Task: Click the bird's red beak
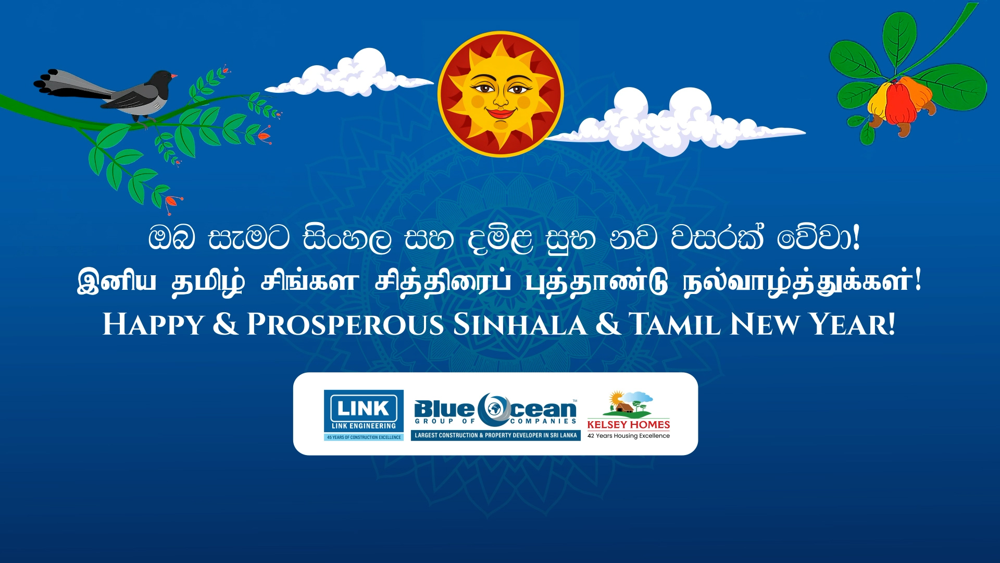click(x=174, y=76)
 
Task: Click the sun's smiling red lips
click(x=501, y=113)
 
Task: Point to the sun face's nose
click(x=500, y=98)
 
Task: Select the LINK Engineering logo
click(x=364, y=415)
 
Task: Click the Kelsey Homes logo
click(x=629, y=415)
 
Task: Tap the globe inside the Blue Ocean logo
click(x=495, y=407)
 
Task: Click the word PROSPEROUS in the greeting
click(x=345, y=325)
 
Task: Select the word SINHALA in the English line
click(x=520, y=325)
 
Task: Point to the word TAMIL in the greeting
click(x=675, y=325)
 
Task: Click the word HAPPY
click(x=153, y=325)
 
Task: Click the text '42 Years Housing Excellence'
click(x=629, y=436)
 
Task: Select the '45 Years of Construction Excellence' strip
click(x=364, y=437)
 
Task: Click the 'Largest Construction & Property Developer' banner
click(x=496, y=435)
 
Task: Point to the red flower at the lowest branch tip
click(x=172, y=202)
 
